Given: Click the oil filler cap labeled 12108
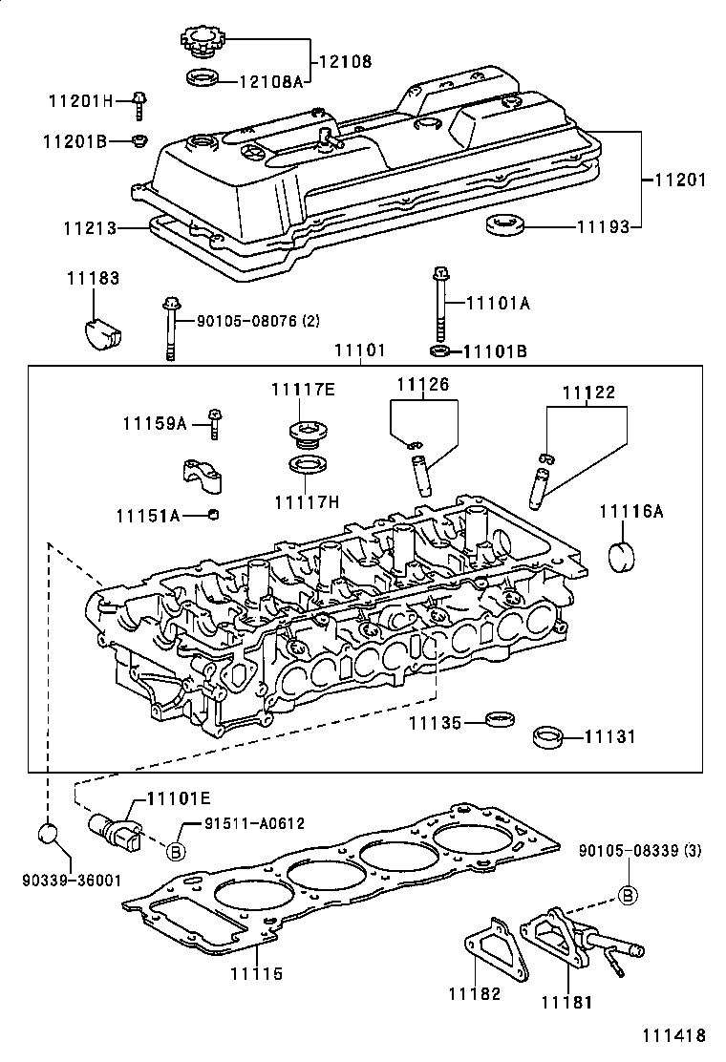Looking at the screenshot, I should click(x=202, y=42).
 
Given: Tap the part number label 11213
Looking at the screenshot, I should click(x=90, y=229).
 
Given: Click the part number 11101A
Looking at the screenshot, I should click(x=497, y=303).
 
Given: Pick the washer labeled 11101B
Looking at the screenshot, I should click(x=440, y=352).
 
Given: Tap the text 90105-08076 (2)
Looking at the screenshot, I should click(x=259, y=323).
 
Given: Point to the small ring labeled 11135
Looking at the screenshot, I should click(x=498, y=718).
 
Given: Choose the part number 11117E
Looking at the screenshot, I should click(x=302, y=389).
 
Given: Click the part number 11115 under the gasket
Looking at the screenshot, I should click(x=255, y=974).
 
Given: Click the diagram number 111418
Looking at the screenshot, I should click(x=673, y=1035).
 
